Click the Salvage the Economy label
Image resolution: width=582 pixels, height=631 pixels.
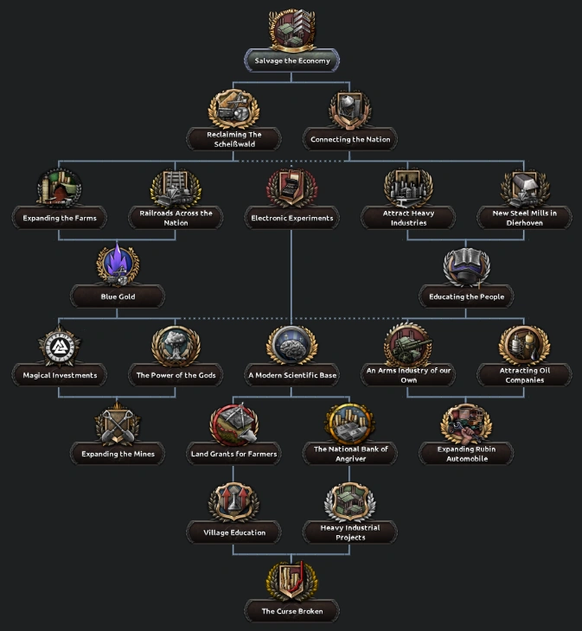pyautogui.click(x=291, y=61)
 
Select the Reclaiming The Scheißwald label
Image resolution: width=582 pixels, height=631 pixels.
pyautogui.click(x=233, y=139)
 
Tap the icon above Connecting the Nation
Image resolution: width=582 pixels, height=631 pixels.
pyautogui.click(x=349, y=110)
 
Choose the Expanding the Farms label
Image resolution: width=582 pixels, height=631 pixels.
pyautogui.click(x=60, y=218)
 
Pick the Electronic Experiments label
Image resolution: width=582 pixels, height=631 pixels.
pyautogui.click(x=291, y=218)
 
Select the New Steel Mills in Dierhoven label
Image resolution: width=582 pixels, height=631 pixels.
pyautogui.click(x=524, y=218)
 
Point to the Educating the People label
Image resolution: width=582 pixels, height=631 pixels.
pyautogui.click(x=466, y=296)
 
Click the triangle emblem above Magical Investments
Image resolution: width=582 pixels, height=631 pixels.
pyautogui.click(x=60, y=345)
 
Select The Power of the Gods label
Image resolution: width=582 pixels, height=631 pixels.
pyautogui.click(x=176, y=375)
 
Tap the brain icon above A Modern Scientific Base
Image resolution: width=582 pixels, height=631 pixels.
pyautogui.click(x=291, y=345)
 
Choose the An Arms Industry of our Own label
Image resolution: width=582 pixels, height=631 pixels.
pyautogui.click(x=408, y=375)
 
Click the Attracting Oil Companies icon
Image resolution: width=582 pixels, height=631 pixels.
pyautogui.click(x=524, y=344)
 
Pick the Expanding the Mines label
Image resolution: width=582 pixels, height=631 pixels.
pyautogui.click(x=118, y=454)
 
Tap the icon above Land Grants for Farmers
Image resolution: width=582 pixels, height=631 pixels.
pyautogui.click(x=233, y=424)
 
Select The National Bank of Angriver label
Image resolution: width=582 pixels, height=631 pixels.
pyautogui.click(x=350, y=454)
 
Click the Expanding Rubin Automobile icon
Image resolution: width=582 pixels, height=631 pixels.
pyautogui.click(x=466, y=424)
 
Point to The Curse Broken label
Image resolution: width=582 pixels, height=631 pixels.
pyautogui.click(x=291, y=611)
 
